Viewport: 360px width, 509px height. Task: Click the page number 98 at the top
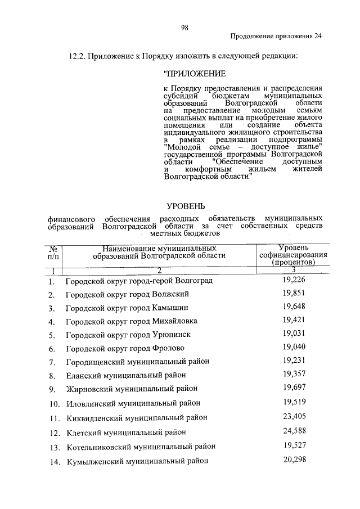click(x=184, y=26)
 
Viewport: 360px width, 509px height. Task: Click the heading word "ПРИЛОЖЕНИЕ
click(x=194, y=74)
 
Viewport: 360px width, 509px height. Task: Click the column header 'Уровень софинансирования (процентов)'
click(x=292, y=255)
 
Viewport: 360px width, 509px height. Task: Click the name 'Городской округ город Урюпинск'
click(x=128, y=335)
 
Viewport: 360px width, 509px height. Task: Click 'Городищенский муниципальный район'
click(x=137, y=362)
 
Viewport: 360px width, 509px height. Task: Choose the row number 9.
click(x=52, y=389)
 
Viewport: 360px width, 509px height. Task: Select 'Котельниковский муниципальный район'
click(x=141, y=447)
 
